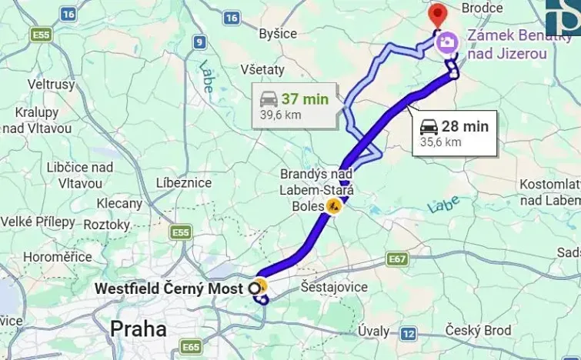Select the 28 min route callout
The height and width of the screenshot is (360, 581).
click(x=454, y=133)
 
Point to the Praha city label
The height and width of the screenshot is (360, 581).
click(x=139, y=329)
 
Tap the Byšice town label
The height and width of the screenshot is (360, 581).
click(x=278, y=34)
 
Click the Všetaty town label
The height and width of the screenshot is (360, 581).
click(x=262, y=69)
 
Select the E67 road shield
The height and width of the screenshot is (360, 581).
click(x=397, y=259)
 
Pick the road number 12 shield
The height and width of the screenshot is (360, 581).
click(x=408, y=333)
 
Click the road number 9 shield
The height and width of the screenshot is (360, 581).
click(x=200, y=43)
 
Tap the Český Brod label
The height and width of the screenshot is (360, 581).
click(x=477, y=330)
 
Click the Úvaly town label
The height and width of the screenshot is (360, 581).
click(x=374, y=331)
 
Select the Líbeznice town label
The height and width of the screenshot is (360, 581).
click(x=183, y=182)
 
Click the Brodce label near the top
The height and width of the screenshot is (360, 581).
click(x=482, y=8)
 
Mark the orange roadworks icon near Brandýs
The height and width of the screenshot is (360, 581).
click(x=333, y=205)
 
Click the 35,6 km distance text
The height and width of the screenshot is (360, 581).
click(x=441, y=142)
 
